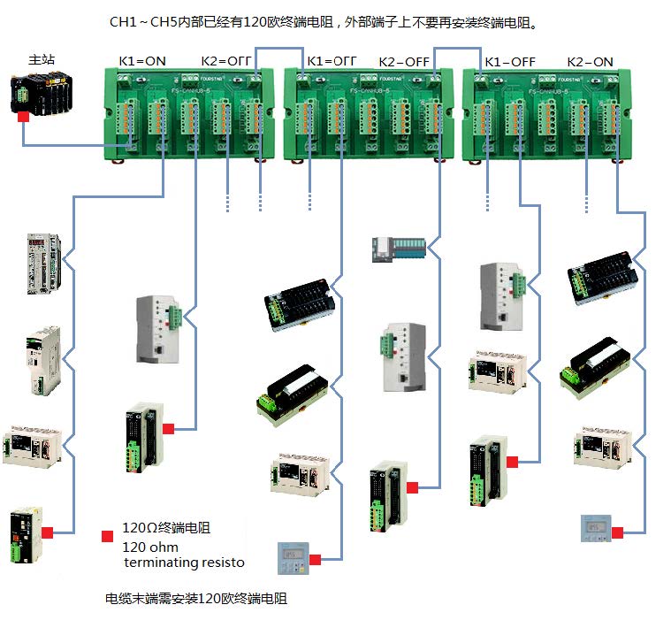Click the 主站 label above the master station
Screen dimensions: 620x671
(42, 60)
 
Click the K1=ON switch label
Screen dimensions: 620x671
(142, 62)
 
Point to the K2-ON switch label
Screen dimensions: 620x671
(590, 62)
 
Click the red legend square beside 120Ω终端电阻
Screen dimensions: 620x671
(108, 536)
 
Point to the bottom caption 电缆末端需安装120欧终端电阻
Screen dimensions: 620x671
(195, 599)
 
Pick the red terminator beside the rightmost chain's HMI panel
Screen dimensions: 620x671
(617, 532)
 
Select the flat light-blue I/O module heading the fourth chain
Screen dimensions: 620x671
(398, 249)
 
